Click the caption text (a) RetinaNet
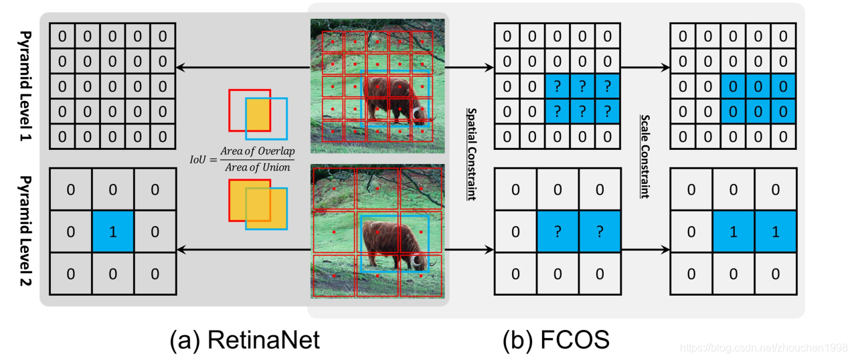pyautogui.click(x=244, y=340)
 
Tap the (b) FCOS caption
pyautogui.click(x=556, y=340)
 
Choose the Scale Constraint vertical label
pyautogui.click(x=646, y=155)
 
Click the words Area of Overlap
pyautogui.click(x=258, y=151)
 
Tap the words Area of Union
pyautogui.click(x=258, y=167)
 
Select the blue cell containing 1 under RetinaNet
pyautogui.click(x=113, y=232)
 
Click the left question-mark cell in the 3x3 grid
pyautogui.click(x=557, y=232)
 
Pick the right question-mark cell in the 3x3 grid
pyautogui.click(x=599, y=232)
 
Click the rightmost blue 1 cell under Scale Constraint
pyautogui.click(x=776, y=232)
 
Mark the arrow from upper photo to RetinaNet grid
pyautogui.click(x=242, y=68)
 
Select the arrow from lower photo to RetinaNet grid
pyautogui.click(x=242, y=250)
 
